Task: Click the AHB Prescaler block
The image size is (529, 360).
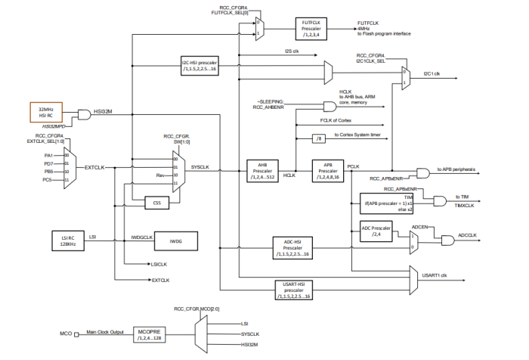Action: (x=264, y=170)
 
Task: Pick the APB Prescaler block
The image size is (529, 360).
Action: (x=327, y=170)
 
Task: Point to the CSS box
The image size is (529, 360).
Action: (x=157, y=203)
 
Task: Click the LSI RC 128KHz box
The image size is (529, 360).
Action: (x=67, y=240)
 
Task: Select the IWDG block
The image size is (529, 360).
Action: (x=176, y=241)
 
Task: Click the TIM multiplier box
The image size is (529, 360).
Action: (x=383, y=203)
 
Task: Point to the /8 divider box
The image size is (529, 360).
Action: (x=321, y=138)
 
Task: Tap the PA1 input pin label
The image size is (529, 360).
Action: (x=50, y=154)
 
